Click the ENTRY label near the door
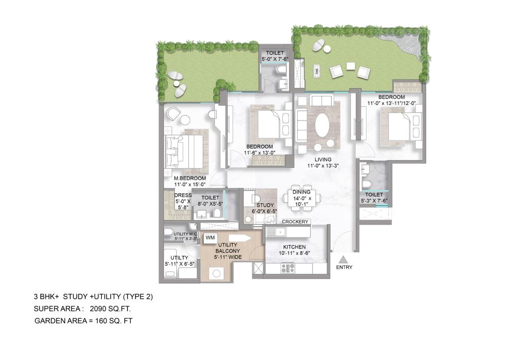[344, 267]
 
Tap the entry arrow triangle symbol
[343, 259]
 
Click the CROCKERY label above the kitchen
[296, 222]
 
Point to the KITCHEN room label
[294, 247]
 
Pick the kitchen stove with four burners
[288, 268]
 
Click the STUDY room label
[264, 205]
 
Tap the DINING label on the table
[301, 192]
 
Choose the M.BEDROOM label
[190, 178]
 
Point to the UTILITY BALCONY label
[229, 247]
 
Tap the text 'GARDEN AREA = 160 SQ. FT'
[83, 321]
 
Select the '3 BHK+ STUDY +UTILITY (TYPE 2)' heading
[93, 297]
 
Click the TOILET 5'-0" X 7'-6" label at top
[275, 56]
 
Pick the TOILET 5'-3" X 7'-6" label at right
[374, 198]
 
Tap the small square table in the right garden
[351, 66]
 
